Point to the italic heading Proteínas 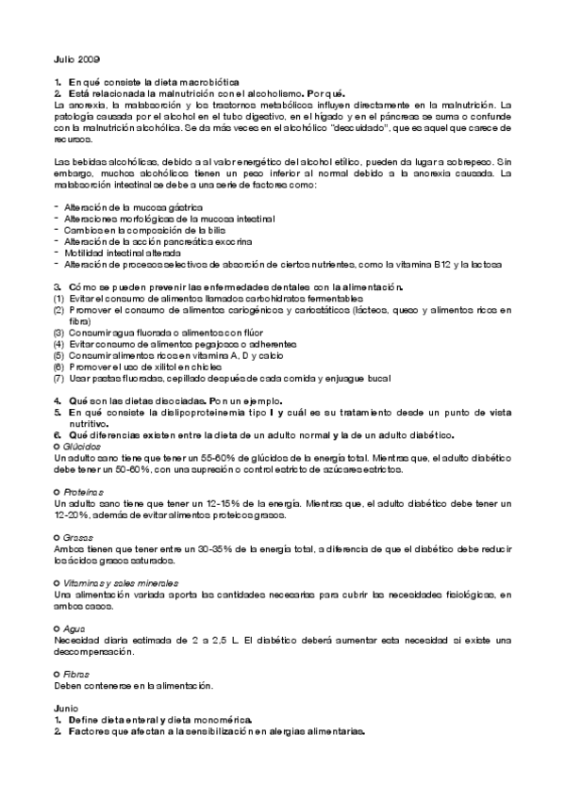coord(83,492)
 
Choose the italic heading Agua coord(74,628)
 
